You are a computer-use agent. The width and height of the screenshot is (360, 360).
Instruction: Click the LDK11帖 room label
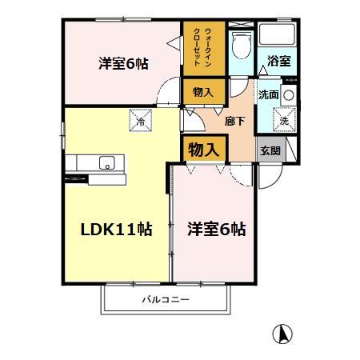pos(116,229)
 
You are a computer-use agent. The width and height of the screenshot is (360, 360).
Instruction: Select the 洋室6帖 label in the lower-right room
pos(216,229)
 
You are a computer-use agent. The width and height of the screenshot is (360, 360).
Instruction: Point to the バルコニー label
pos(166,300)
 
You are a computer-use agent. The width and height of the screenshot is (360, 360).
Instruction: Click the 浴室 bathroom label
pos(278,59)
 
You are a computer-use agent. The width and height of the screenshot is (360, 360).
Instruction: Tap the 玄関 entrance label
pos(269,149)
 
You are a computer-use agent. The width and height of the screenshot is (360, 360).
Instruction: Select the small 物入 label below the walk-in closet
pos(202,93)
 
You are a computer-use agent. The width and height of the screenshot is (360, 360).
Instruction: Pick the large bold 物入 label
pos(203,148)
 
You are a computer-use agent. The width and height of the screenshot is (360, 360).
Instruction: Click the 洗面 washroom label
pos(267,94)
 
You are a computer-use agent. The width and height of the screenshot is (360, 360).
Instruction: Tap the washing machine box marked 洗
pos(284,121)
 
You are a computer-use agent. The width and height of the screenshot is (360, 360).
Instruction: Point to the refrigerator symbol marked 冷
pos(141,122)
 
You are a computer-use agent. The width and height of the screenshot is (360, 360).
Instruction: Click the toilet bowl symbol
pos(239,47)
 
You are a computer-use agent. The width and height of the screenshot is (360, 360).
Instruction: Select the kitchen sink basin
pos(106,163)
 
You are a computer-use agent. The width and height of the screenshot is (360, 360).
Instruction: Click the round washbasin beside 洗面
pos(289,94)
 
